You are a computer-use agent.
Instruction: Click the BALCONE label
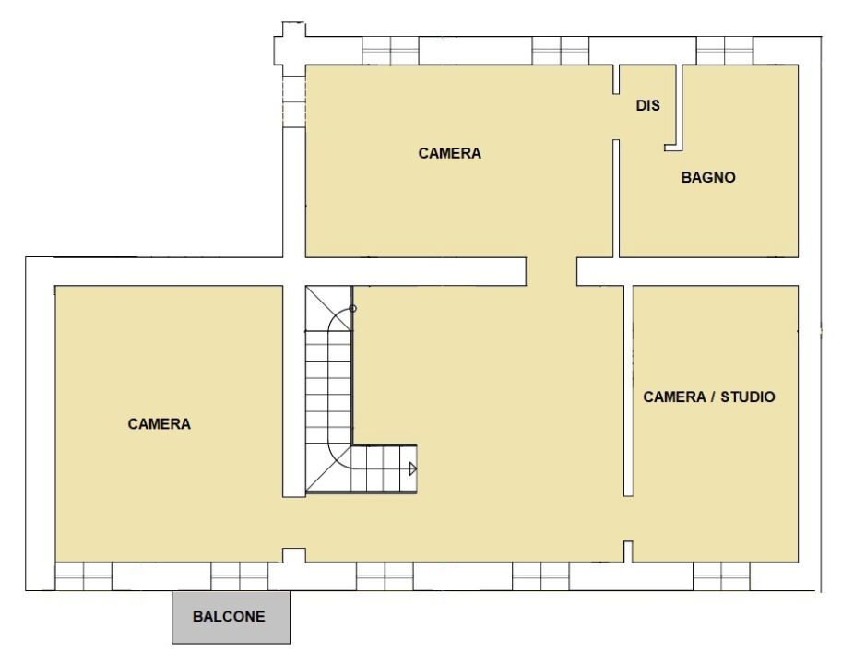pyautogui.click(x=229, y=616)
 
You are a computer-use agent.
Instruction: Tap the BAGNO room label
pyautogui.click(x=708, y=177)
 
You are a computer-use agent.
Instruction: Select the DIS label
pyautogui.click(x=647, y=106)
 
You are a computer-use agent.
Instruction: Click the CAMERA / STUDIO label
pyautogui.click(x=709, y=397)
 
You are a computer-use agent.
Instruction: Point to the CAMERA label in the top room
pyautogui.click(x=449, y=153)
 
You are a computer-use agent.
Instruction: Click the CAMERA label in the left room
pyautogui.click(x=159, y=424)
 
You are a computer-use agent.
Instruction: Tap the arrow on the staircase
pyautogui.click(x=412, y=469)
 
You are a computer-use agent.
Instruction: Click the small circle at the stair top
pyautogui.click(x=352, y=309)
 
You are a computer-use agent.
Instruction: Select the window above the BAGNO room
pyautogui.click(x=724, y=51)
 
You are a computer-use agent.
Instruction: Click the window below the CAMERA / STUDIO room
pyautogui.click(x=722, y=575)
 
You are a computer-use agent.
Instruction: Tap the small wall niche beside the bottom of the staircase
pyautogui.click(x=293, y=555)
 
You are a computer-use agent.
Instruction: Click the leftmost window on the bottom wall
pyautogui.click(x=83, y=575)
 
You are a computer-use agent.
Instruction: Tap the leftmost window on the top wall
pyautogui.click(x=389, y=51)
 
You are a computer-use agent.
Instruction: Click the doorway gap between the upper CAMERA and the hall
pyautogui.click(x=551, y=271)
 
